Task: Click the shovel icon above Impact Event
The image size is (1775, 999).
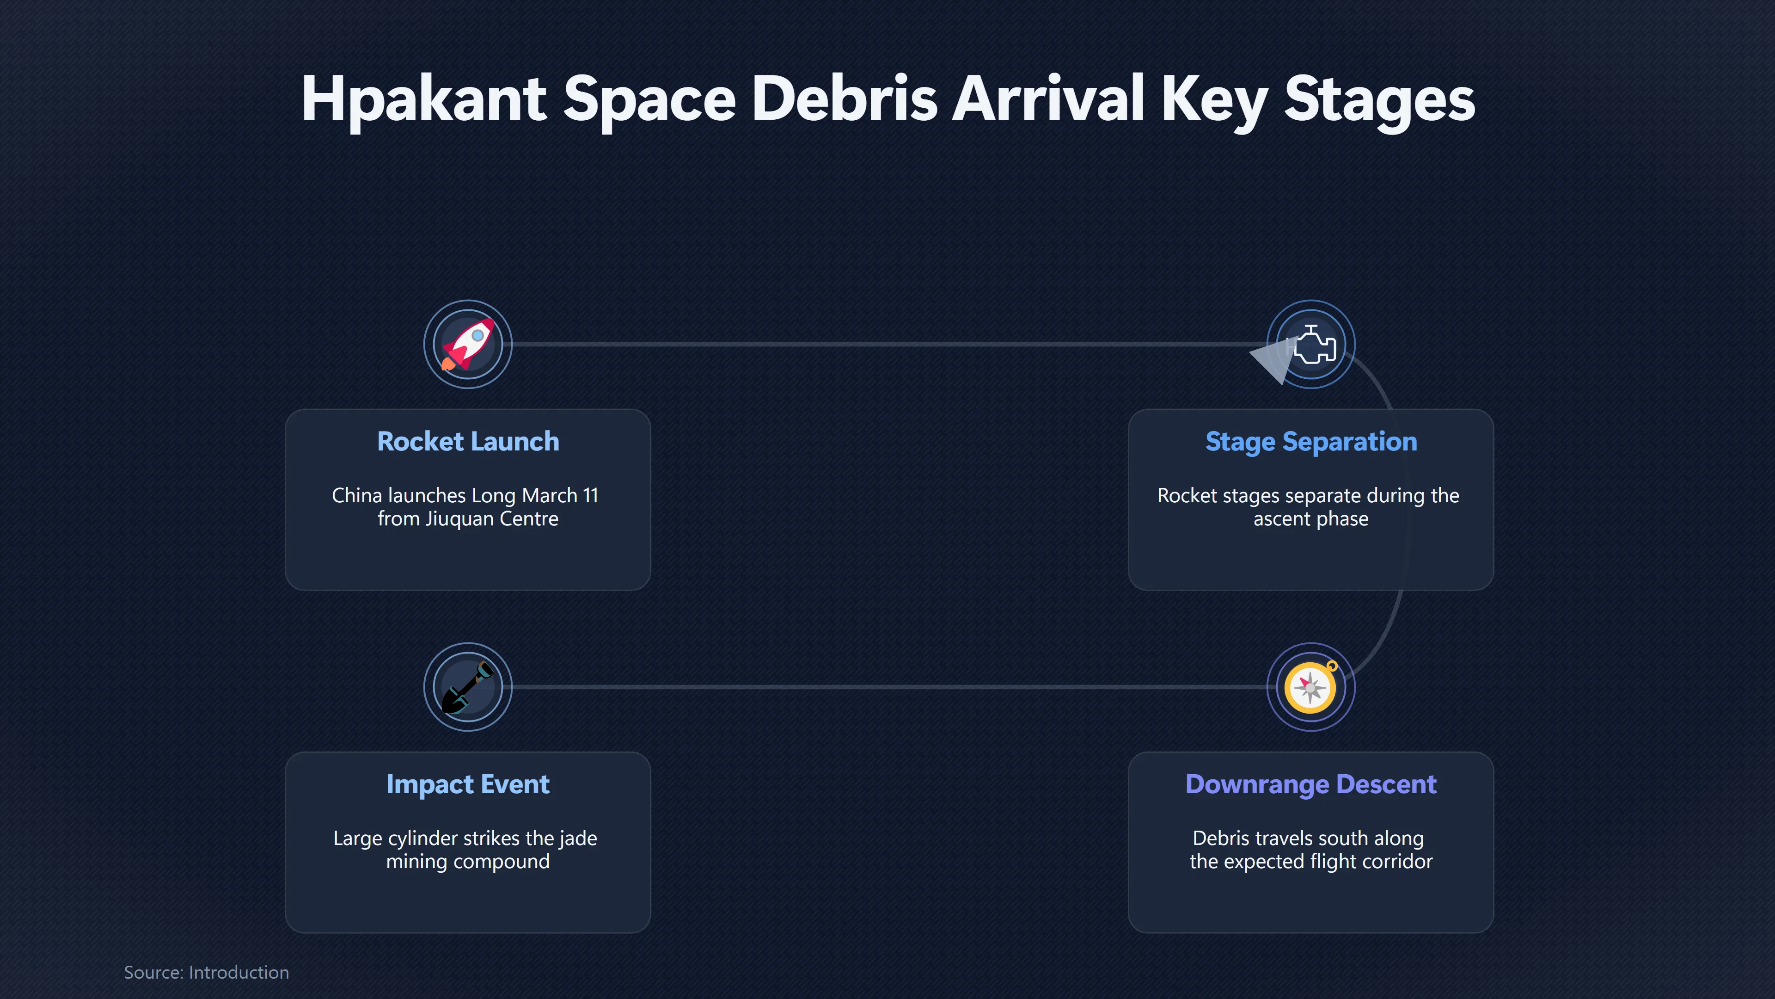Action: (468, 687)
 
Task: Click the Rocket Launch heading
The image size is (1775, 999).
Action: (468, 441)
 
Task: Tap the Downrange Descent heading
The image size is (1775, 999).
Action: (1311, 784)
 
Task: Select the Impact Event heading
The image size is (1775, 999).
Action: (468, 784)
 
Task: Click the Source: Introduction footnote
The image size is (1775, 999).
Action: (207, 972)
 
